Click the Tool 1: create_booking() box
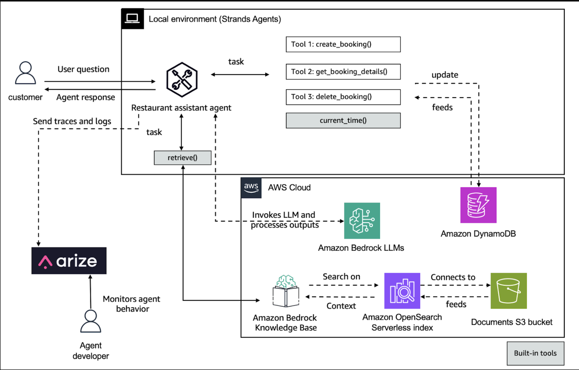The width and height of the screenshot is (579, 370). click(343, 44)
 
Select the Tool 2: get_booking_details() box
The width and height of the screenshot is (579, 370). click(343, 72)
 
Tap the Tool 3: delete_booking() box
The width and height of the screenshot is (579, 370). click(343, 97)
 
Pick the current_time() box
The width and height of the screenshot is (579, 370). click(343, 121)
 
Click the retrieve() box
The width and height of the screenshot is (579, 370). click(183, 158)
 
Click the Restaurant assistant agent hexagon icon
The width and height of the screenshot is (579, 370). click(182, 80)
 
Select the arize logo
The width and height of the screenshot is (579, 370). click(69, 261)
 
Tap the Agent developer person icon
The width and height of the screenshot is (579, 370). click(91, 321)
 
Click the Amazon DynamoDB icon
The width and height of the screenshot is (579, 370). click(478, 205)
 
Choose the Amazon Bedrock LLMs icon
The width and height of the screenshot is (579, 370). click(362, 221)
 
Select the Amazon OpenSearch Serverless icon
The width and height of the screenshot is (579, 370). click(402, 291)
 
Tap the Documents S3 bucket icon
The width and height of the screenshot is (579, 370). click(508, 291)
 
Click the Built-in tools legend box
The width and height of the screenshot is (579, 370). click(535, 353)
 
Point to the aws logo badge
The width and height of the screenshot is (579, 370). click(251, 188)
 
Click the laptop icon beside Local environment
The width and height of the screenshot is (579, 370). click(132, 19)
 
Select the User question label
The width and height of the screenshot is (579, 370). click(83, 69)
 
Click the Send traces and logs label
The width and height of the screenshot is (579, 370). click(72, 121)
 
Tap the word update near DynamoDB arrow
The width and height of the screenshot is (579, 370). click(445, 75)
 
